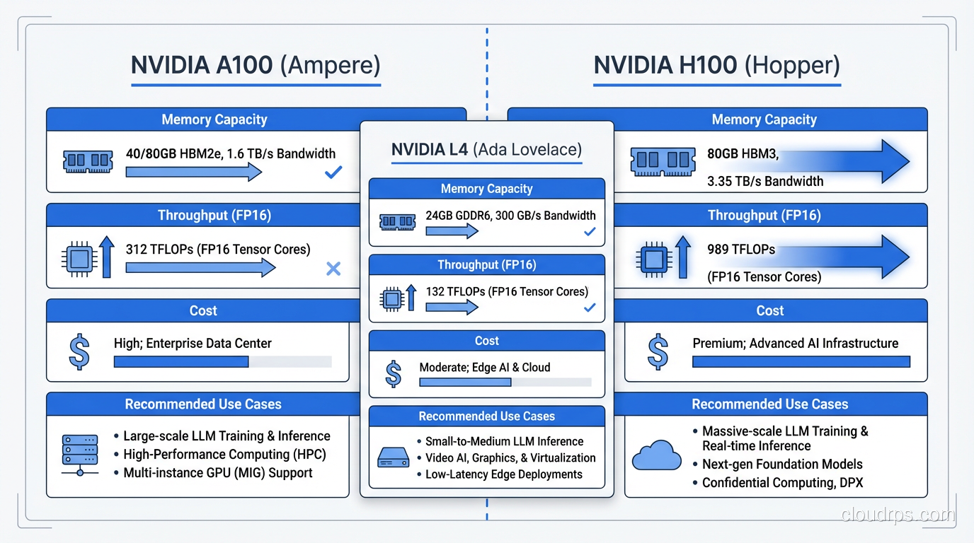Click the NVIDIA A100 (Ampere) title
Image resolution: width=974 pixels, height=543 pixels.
coord(256,65)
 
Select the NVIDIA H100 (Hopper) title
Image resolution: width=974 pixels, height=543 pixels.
coord(716,65)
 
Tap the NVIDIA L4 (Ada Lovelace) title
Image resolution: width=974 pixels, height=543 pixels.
coord(486,150)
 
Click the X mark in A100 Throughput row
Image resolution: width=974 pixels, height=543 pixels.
coord(333,268)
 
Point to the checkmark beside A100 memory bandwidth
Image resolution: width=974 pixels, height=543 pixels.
coord(333,172)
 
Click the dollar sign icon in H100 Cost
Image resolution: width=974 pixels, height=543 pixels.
coord(658,352)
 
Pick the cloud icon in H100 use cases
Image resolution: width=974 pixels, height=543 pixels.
coord(656,456)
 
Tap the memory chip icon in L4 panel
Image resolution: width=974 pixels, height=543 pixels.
coord(397,223)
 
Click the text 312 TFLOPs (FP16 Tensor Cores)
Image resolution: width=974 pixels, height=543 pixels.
coord(218,249)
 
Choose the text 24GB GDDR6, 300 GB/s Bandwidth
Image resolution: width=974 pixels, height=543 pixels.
coord(510,216)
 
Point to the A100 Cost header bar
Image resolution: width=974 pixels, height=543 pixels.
coord(203,310)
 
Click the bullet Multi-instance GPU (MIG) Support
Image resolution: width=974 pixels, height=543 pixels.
coord(217,473)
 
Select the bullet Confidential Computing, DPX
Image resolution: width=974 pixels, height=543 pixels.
coord(781,483)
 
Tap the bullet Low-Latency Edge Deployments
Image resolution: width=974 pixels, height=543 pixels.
coord(503,474)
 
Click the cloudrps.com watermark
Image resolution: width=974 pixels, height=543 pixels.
coord(898,515)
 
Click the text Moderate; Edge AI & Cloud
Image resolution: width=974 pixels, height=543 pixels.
coord(484,367)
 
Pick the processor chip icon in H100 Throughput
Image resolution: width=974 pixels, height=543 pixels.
coord(651,258)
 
